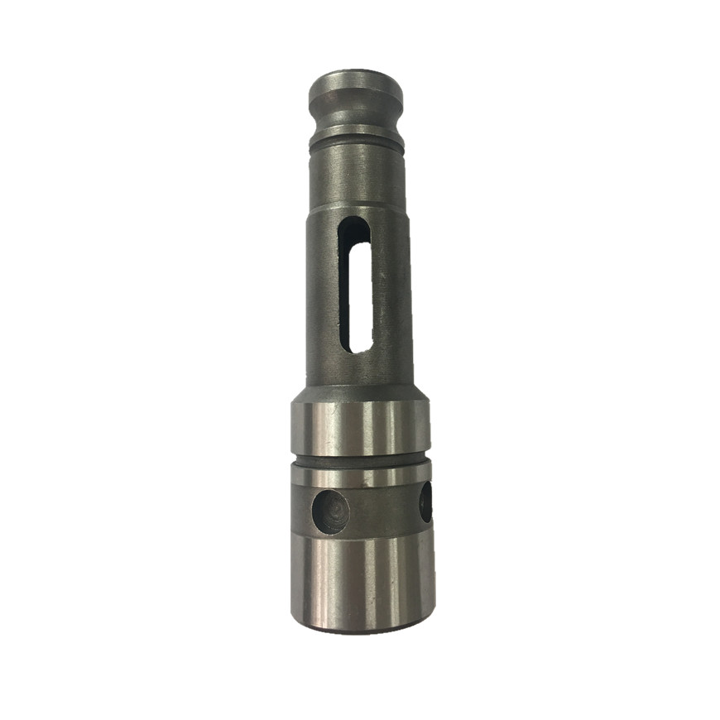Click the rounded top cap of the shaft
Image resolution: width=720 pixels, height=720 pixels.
[x=355, y=86]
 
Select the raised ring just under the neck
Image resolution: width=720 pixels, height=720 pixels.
[x=357, y=134]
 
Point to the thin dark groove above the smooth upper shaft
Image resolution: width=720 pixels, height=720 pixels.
[x=357, y=146]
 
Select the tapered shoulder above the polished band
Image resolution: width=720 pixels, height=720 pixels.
[x=359, y=394]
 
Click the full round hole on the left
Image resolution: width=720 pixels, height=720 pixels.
[x=330, y=511]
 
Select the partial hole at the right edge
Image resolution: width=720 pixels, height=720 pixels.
[x=426, y=502]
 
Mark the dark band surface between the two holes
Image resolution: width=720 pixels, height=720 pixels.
[x=382, y=506]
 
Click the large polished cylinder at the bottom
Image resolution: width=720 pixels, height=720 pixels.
[x=362, y=579]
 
